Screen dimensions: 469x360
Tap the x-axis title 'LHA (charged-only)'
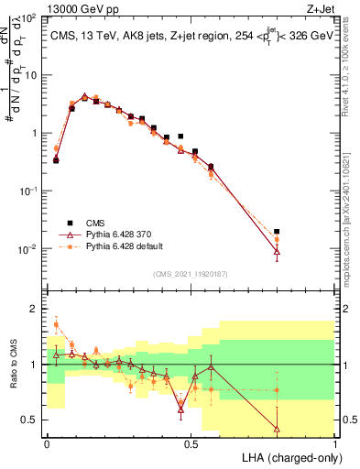(288, 456)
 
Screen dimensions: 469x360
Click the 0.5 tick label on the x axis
(191, 443)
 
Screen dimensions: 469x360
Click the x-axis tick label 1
(334, 443)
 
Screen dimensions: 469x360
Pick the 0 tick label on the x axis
(47, 443)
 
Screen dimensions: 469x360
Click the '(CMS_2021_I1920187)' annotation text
(191, 272)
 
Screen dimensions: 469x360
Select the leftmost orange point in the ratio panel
(56, 325)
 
